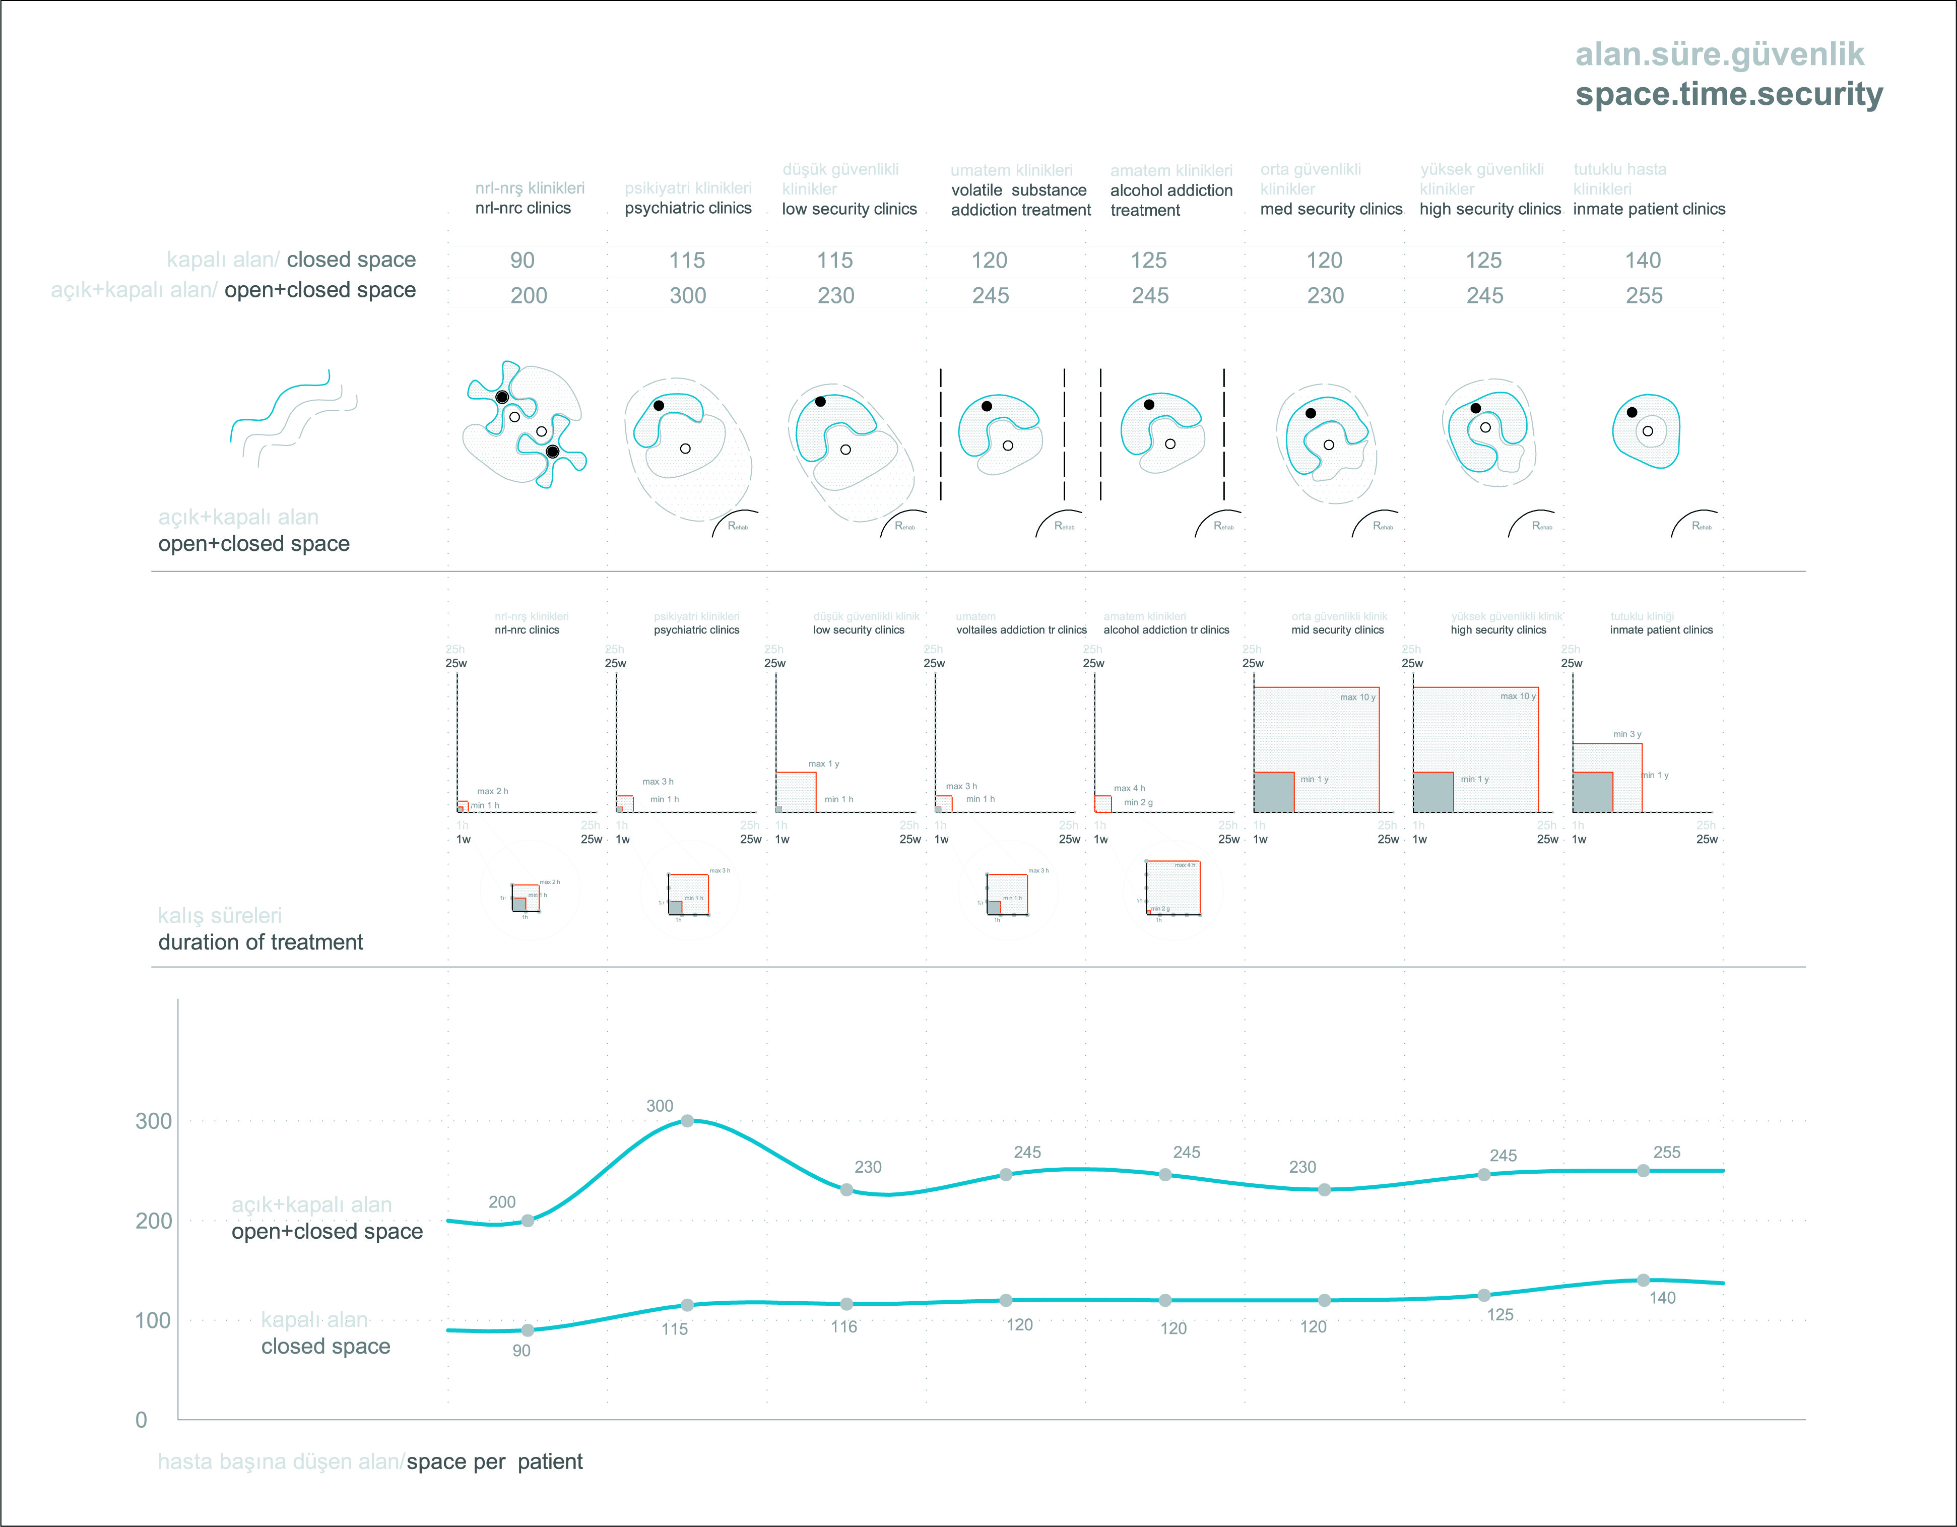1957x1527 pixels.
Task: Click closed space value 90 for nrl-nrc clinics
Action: point(523,260)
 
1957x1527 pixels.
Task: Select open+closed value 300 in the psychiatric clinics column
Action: point(687,296)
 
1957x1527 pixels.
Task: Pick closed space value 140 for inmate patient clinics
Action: point(1643,260)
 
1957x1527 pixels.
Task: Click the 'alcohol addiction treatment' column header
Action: point(1170,200)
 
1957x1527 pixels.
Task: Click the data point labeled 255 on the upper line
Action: point(1643,1170)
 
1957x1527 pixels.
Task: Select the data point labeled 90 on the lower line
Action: point(528,1330)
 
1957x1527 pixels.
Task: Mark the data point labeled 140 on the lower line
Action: point(1643,1280)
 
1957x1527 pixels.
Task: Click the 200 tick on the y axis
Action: point(153,1221)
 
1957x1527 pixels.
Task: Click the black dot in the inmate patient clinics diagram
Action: point(1632,412)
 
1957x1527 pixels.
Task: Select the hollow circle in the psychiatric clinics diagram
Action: point(685,448)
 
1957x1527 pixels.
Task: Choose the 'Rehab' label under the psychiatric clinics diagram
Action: point(738,526)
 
